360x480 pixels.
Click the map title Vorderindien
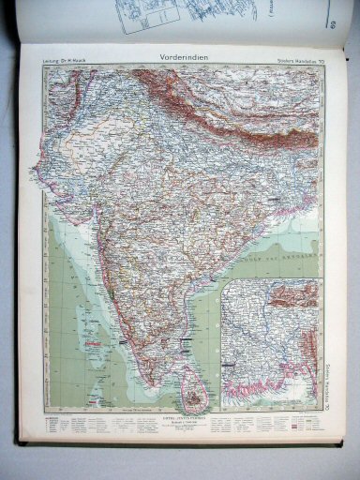coord(180,56)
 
